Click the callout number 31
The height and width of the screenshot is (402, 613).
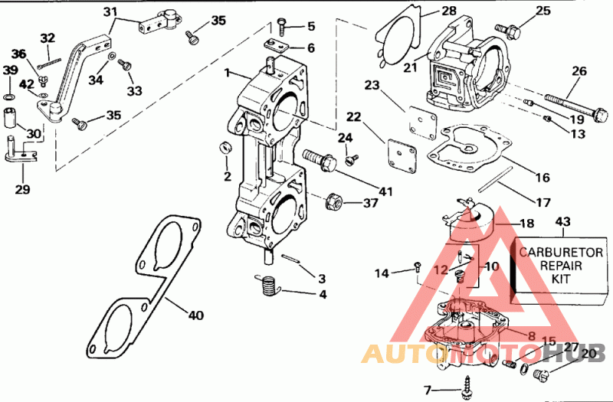tap(111, 11)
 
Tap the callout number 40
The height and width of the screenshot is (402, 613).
tap(196, 314)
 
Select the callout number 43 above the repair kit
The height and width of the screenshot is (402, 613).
tap(563, 222)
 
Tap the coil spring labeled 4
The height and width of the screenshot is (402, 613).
tap(266, 286)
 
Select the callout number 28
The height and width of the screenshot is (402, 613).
tap(448, 11)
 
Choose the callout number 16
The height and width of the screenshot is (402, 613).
tap(543, 178)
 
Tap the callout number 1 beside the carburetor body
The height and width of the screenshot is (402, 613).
tap(228, 74)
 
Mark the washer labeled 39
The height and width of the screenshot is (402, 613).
tap(8, 97)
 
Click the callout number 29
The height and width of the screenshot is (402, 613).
tap(22, 188)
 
